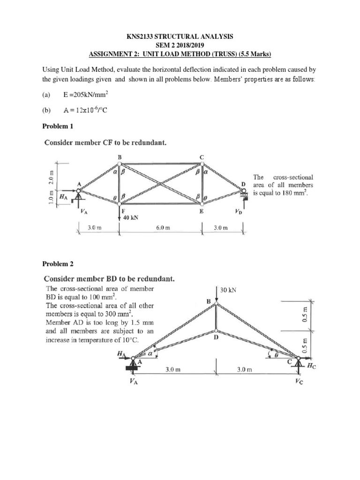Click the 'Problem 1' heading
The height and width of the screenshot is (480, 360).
[x=58, y=127]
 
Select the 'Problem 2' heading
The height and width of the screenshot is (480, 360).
[x=58, y=264]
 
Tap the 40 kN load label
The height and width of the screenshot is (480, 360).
[x=130, y=218]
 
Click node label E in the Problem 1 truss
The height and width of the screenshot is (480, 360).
[x=202, y=211]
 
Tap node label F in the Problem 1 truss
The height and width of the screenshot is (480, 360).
[x=123, y=211]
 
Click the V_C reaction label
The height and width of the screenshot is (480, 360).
[x=299, y=382]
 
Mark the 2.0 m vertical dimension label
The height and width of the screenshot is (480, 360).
[x=52, y=173]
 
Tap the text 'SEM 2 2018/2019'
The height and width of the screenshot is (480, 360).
[x=180, y=44]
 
